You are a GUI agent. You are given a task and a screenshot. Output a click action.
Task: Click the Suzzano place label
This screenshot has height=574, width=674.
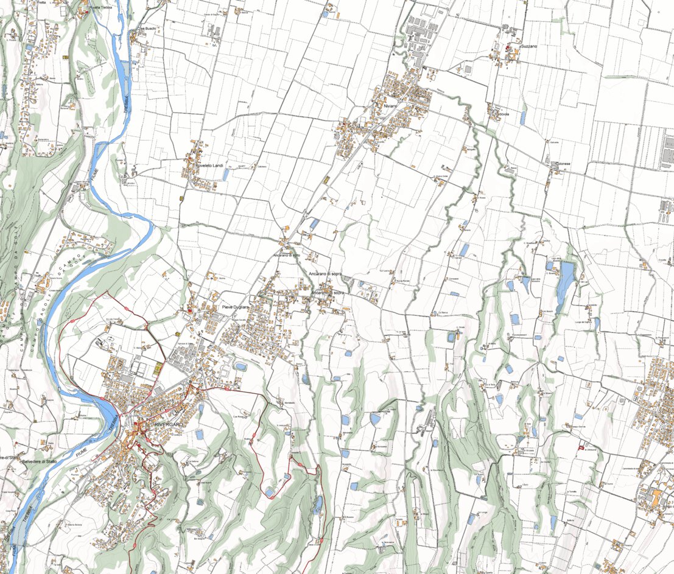529,46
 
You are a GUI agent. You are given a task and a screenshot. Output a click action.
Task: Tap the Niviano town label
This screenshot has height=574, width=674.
390,107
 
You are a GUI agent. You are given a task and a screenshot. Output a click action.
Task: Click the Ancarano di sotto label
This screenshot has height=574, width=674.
287,255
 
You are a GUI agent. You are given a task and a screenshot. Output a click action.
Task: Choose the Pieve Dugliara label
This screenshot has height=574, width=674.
236,307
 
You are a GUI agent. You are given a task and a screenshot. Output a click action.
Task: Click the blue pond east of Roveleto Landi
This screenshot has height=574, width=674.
226,175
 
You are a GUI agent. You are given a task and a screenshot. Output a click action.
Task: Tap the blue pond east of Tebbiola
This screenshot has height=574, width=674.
522,117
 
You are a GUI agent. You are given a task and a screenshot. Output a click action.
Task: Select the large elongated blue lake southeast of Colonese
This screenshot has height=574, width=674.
565,280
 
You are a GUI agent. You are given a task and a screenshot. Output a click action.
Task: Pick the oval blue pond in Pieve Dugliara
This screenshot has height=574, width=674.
241,367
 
